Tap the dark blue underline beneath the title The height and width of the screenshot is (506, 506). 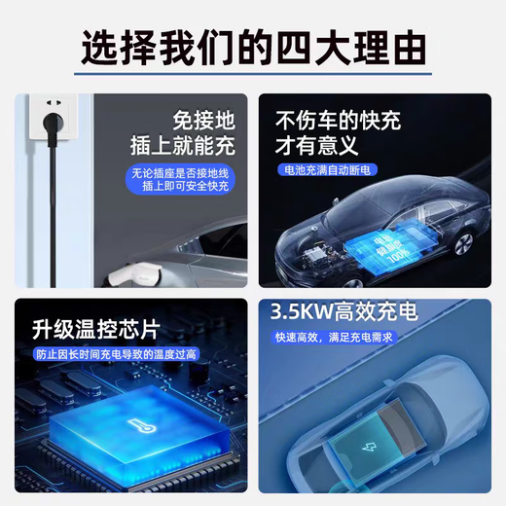pos(253,73)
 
